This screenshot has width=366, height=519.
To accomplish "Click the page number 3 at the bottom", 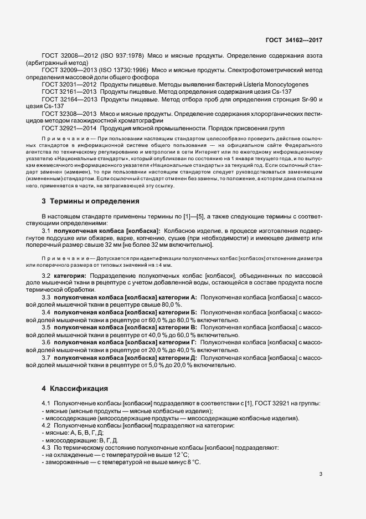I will tap(321, 474).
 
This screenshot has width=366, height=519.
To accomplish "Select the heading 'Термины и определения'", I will tap(91, 200).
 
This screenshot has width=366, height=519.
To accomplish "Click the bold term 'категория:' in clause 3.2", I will tap(70, 276).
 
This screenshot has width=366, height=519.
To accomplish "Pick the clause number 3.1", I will tap(47, 231).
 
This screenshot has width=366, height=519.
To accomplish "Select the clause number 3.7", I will tap(47, 358).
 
